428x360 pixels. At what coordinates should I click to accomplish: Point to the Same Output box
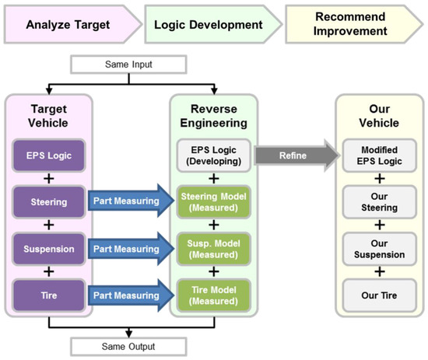(x=132, y=343)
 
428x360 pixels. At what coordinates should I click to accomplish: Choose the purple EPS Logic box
(x=47, y=155)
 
